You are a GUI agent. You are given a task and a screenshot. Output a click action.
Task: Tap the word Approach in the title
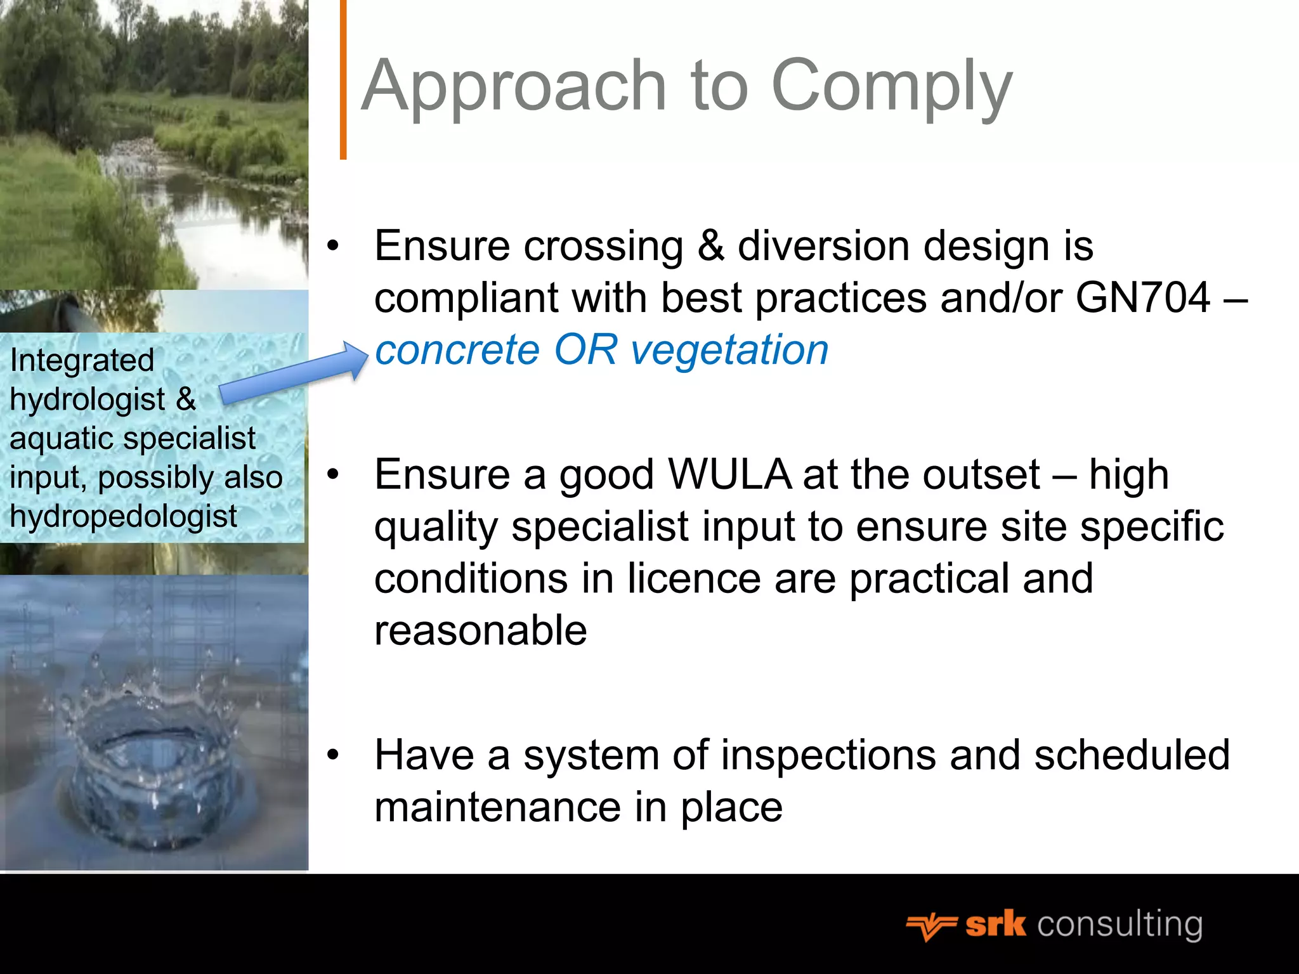coord(514,86)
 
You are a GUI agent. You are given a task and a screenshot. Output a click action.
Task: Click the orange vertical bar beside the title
coord(343,79)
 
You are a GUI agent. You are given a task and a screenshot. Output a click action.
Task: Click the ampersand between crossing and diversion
coord(710,245)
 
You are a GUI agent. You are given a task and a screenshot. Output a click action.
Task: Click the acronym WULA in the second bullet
coord(729,474)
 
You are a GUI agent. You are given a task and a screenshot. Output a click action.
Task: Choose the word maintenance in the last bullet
coord(497,807)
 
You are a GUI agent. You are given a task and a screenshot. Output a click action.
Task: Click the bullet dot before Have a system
coord(334,755)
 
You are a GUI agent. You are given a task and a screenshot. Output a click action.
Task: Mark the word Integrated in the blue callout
coord(82,360)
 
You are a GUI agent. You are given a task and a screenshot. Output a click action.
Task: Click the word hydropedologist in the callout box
coord(124,516)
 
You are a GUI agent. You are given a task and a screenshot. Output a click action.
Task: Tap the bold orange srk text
coord(995,925)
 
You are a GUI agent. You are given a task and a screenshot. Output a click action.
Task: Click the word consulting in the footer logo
coord(1119,925)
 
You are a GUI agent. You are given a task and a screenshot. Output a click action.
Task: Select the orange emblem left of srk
coord(930,926)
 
